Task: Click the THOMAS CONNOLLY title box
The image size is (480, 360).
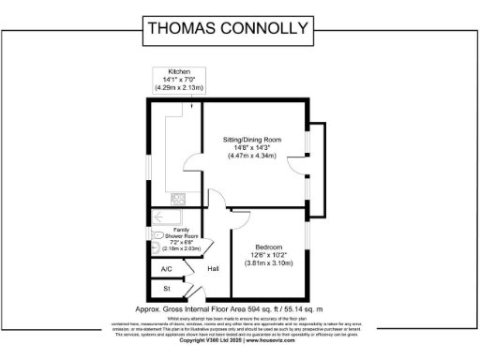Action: coord(228,28)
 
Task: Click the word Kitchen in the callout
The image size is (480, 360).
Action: coord(180,72)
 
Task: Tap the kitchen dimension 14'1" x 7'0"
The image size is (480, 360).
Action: coord(180,80)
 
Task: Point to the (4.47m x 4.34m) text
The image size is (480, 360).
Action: coord(252,155)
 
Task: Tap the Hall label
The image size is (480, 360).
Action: coord(213,268)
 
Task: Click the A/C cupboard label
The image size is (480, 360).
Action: coord(167,268)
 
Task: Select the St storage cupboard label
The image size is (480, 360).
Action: coord(167,290)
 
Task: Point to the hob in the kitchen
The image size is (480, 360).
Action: coord(178,198)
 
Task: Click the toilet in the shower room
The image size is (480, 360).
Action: coord(157,235)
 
